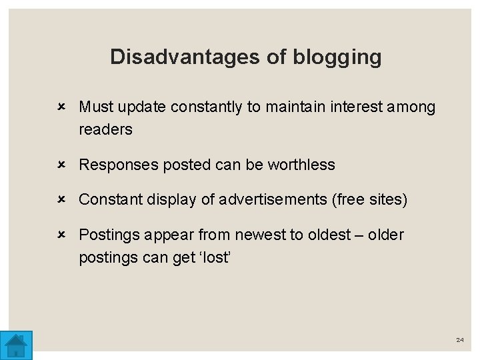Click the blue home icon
point(16,345)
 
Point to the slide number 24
point(459,340)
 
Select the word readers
point(105,129)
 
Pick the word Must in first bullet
point(95,107)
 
